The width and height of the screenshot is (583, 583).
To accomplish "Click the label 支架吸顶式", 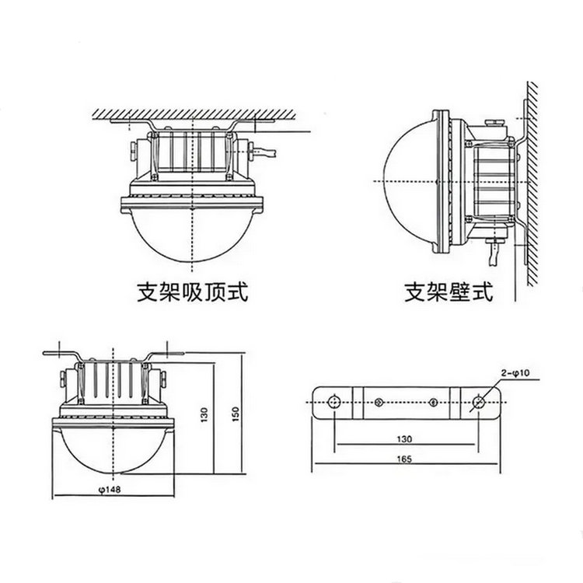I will click(191, 293).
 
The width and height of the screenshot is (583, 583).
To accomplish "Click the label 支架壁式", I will click(449, 293).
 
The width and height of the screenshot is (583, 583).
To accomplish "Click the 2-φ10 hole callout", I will click(514, 374).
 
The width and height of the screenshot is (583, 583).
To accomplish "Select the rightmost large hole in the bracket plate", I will click(480, 402).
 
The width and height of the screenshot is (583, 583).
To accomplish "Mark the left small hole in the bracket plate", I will click(378, 402).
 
